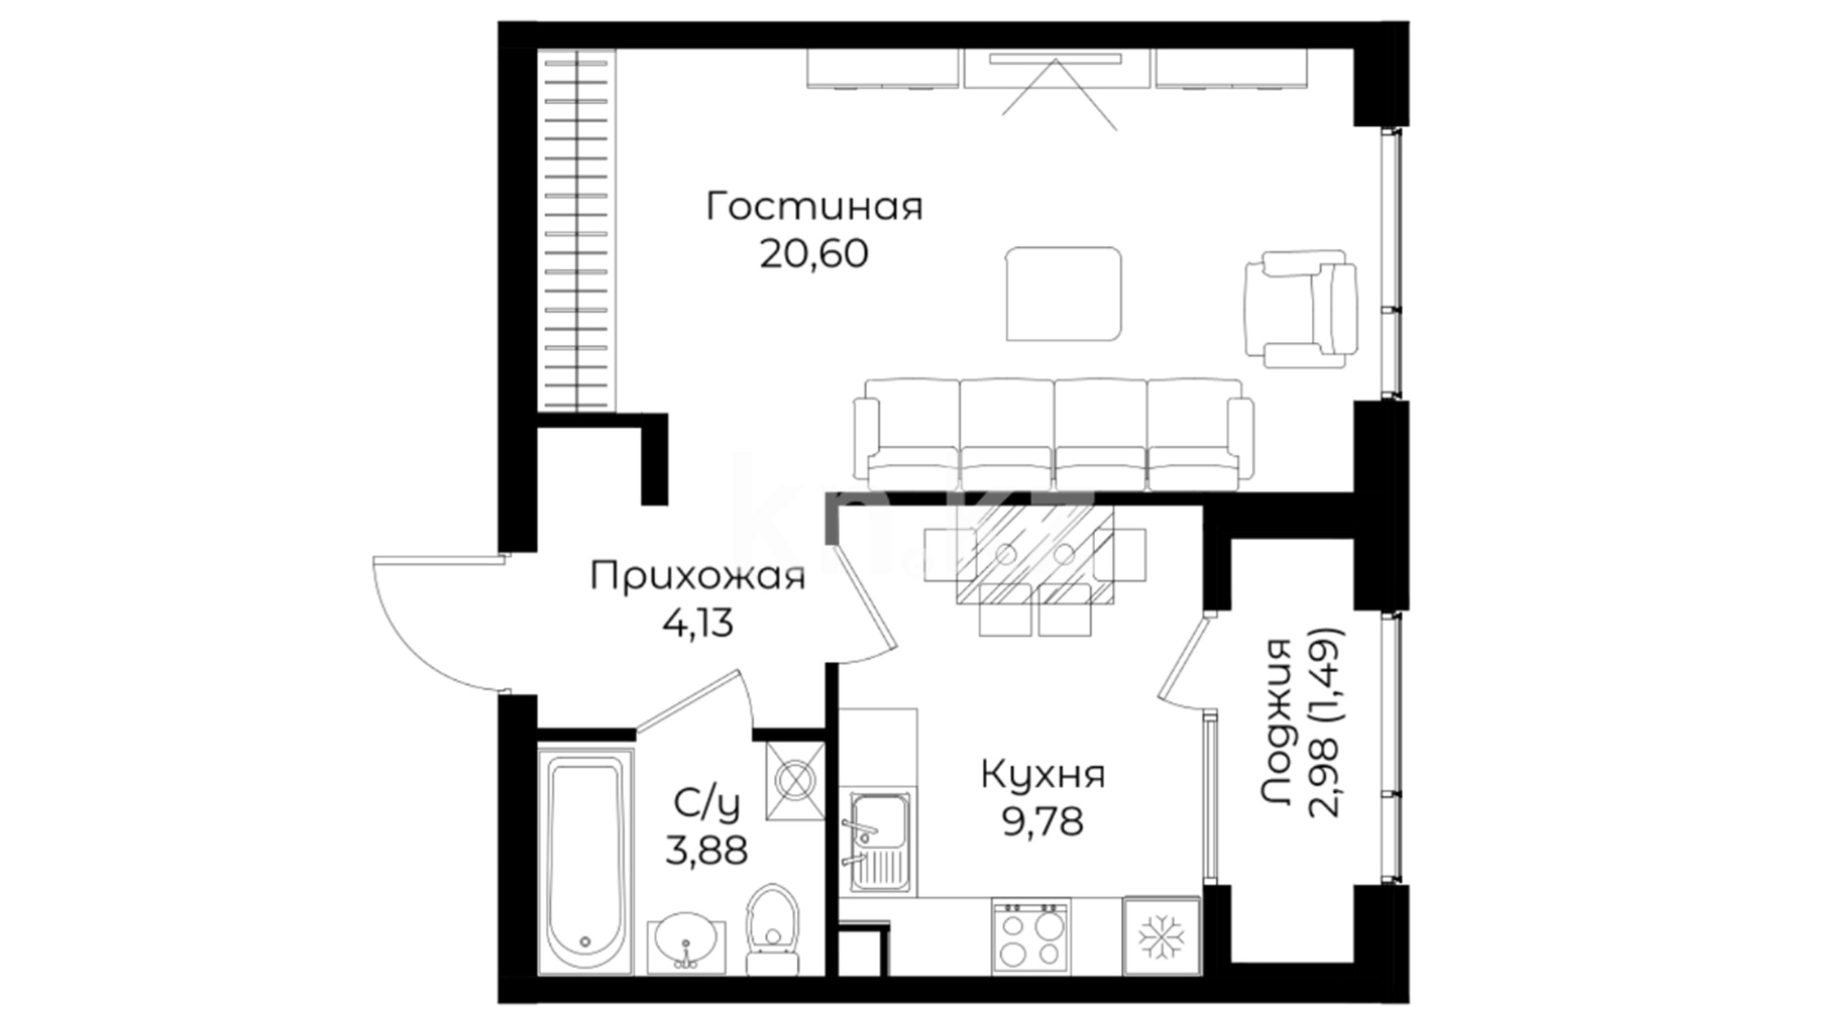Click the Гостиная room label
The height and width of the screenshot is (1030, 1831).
point(814,207)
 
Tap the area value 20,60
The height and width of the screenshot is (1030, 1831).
point(814,254)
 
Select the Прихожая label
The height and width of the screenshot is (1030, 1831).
point(698,577)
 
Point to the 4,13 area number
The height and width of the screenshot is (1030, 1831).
point(698,624)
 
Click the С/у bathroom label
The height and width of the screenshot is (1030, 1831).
point(707,804)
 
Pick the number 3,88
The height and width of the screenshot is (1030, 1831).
point(707,849)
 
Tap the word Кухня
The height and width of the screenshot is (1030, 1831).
point(1043,774)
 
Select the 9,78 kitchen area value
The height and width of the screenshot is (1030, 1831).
point(1043,820)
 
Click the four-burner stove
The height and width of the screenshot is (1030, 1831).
point(1031,936)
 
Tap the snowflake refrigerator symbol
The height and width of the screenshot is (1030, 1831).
point(1161,936)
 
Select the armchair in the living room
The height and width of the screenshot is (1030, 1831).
point(1301,309)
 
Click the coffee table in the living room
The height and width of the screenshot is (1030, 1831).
point(1064,294)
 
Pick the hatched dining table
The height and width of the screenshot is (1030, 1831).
point(1035,554)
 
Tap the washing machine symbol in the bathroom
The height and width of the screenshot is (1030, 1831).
point(794,780)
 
